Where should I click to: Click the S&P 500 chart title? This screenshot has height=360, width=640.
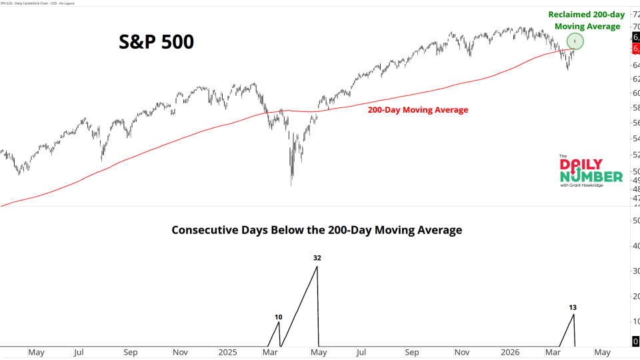tap(157, 42)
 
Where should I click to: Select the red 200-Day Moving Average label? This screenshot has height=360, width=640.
tap(418, 110)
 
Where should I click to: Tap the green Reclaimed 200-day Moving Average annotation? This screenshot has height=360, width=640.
tap(584, 20)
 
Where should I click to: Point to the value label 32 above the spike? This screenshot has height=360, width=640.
tap(317, 257)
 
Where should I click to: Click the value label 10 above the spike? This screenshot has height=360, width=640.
tap(278, 317)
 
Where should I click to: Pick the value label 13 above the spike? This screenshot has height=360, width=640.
tap(573, 307)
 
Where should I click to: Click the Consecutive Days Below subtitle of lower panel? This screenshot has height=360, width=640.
tap(317, 230)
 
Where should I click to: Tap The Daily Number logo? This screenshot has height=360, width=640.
tap(591, 171)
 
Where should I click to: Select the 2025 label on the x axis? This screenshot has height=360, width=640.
tap(227, 351)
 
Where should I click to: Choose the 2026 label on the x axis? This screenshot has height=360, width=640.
tap(511, 351)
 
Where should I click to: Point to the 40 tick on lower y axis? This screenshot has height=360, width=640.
tap(635, 246)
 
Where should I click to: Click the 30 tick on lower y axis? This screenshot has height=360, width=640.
tap(635, 271)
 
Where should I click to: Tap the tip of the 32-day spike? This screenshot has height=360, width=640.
tap(317, 267)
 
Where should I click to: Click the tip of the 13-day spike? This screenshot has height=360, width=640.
tap(573, 314)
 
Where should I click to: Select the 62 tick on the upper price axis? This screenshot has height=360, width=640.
tap(635, 79)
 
